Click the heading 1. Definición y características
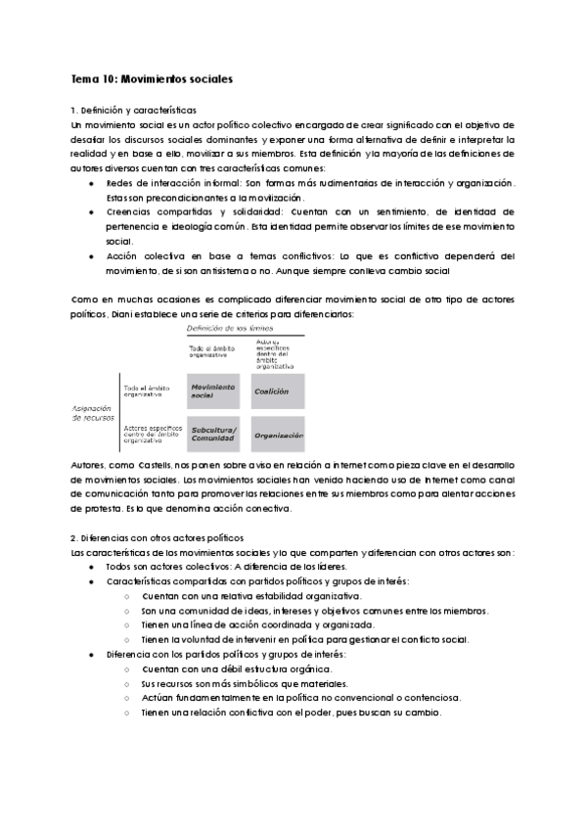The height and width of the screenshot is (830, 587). pyautogui.click(x=134, y=112)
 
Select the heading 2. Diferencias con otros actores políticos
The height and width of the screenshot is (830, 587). pyautogui.click(x=158, y=538)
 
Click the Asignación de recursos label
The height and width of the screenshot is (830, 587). pyautogui.click(x=94, y=412)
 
